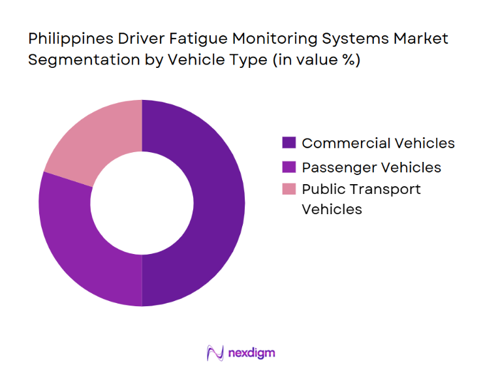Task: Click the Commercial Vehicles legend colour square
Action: tap(288, 143)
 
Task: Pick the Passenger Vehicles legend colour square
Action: tap(288, 167)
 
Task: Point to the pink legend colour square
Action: tap(288, 189)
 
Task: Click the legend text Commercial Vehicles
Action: tap(378, 143)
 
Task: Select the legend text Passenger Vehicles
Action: tap(371, 167)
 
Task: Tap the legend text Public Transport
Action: tap(361, 189)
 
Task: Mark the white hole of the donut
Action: tap(142, 202)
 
